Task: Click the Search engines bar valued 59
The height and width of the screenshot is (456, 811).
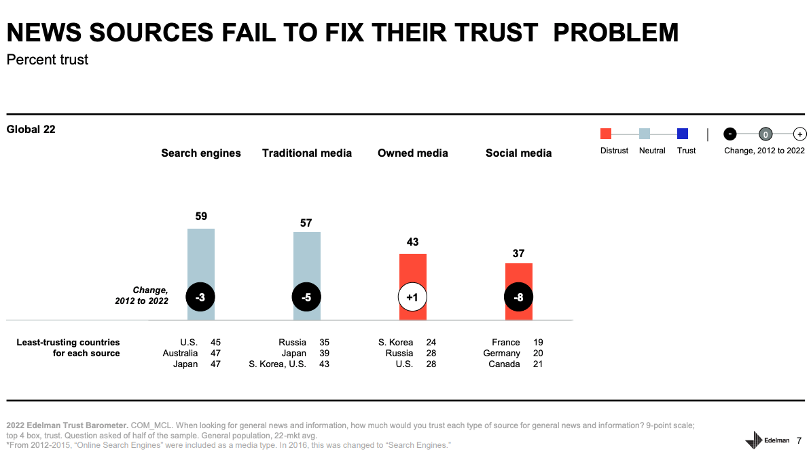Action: point(201,258)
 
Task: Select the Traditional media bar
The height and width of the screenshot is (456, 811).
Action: point(307,261)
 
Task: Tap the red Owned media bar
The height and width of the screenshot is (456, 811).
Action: point(412,271)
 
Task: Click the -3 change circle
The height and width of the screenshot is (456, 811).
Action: point(200,297)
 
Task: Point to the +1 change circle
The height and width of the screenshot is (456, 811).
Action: point(412,297)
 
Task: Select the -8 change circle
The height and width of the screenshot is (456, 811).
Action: point(518,297)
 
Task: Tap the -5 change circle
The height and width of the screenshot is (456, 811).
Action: point(306,297)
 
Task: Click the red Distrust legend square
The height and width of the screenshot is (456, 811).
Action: point(607,134)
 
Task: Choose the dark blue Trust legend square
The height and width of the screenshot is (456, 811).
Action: point(683,134)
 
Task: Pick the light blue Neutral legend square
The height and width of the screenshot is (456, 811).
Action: point(645,134)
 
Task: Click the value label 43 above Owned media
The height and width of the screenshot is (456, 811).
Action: point(412,242)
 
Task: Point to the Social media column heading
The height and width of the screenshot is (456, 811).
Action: point(518,153)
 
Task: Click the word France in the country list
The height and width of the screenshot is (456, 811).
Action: point(506,343)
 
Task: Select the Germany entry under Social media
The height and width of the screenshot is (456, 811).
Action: point(502,354)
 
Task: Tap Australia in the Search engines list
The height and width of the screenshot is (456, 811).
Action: point(181,354)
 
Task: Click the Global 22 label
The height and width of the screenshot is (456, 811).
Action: point(31,130)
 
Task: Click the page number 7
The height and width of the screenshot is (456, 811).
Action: point(799,440)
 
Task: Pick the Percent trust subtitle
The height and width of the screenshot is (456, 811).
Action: point(48,60)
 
